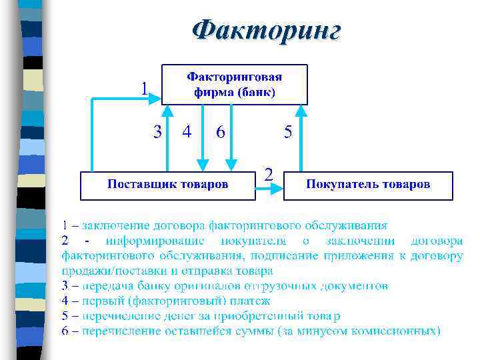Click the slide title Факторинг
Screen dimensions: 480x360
266,31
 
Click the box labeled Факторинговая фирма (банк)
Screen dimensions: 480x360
234,84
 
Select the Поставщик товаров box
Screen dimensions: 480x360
168,185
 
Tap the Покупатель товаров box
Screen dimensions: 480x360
368,185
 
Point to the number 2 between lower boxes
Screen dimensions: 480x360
268,175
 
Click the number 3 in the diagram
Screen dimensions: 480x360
157,132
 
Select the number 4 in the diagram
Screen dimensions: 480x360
187,132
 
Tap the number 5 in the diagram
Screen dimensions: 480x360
288,132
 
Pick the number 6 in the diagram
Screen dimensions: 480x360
220,132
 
